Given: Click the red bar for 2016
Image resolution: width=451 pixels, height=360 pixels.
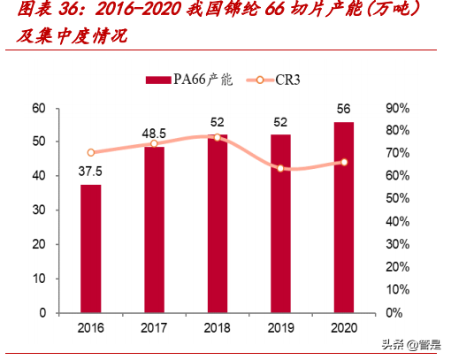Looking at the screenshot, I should (90, 249).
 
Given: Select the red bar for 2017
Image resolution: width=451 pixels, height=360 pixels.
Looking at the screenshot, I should (154, 230).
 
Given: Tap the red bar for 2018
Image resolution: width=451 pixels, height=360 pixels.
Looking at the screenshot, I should (217, 224).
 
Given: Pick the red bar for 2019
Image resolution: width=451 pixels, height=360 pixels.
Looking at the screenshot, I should (280, 224).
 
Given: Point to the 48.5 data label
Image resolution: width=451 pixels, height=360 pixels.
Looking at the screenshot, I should (154, 134).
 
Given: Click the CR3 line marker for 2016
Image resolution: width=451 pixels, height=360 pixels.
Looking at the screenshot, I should (90, 153).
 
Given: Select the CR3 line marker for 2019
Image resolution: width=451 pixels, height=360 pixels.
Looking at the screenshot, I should (280, 168).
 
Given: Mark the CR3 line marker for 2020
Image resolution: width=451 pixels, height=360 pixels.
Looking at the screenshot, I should (343, 162).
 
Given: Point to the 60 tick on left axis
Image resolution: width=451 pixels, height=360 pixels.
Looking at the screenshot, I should (38, 108).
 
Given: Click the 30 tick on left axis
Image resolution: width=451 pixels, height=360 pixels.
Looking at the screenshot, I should (38, 211).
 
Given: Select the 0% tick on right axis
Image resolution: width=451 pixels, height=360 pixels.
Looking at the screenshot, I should (395, 313).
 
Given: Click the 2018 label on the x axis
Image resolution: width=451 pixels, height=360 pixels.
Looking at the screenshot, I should (217, 328).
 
